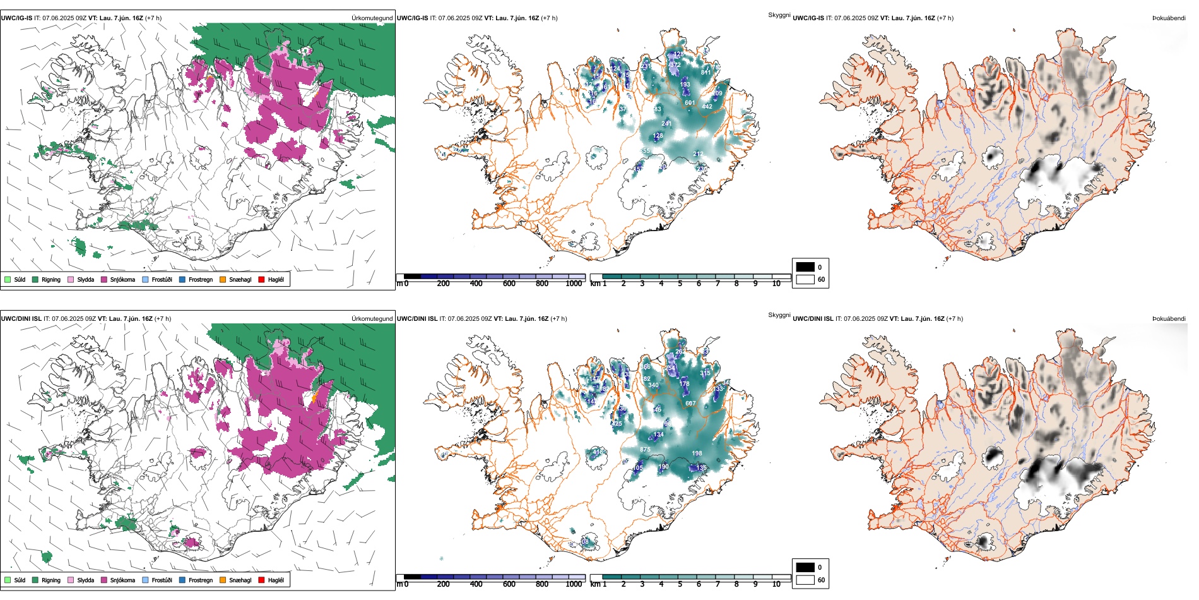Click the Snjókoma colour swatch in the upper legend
tap(104, 280)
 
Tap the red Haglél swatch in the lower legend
tap(261, 580)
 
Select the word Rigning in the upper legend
tap(51, 280)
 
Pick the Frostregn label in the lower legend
tap(200, 580)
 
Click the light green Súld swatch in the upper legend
tap(8, 280)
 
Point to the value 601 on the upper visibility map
tap(690, 103)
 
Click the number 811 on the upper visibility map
tap(706, 73)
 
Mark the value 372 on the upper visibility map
tap(675, 65)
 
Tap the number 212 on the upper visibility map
tap(698, 154)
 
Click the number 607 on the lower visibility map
tap(690, 404)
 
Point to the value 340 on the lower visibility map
tap(653, 385)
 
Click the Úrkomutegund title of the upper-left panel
tap(372, 18)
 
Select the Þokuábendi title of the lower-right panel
tap(1169, 319)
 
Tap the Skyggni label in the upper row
tap(779, 15)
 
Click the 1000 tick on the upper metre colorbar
tap(574, 284)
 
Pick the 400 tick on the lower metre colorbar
tap(476, 585)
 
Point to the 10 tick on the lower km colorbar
tap(776, 585)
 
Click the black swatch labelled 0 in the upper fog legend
tap(805, 267)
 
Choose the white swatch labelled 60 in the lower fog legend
tap(805, 580)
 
